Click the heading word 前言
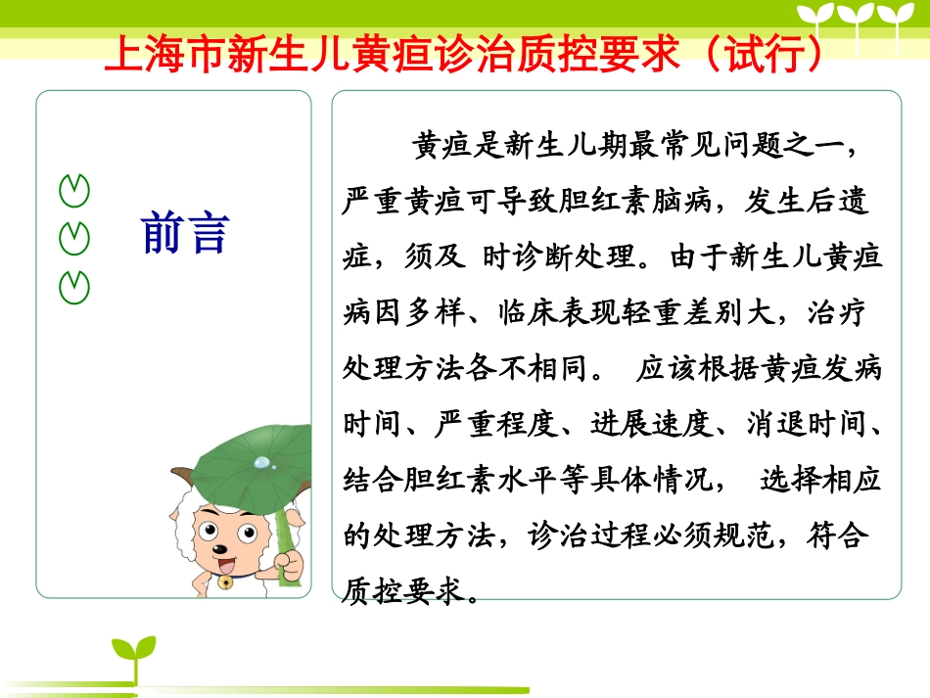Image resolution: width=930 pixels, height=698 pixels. tap(185, 232)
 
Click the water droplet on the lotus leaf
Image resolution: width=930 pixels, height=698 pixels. tap(261, 461)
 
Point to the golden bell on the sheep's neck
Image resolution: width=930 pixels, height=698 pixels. tap(225, 581)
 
